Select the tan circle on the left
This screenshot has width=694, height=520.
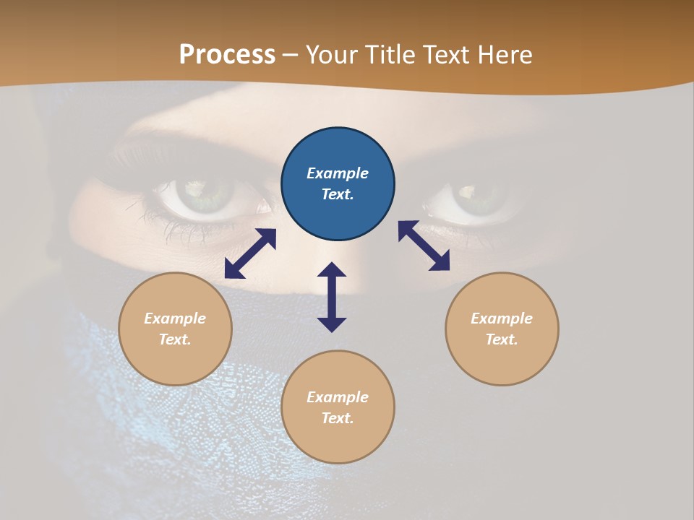point(175,329)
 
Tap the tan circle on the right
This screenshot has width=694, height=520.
point(502,329)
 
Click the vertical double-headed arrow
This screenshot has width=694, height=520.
point(332,297)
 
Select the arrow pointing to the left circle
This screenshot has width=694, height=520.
point(250,253)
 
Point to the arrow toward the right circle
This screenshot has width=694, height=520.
point(424,246)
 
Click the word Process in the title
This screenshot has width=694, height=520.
point(227,54)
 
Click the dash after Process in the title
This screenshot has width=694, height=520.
point(291,55)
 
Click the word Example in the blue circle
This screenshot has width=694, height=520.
point(338,173)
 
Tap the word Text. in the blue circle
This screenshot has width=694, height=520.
point(338,194)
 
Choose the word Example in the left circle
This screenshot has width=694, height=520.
point(175,318)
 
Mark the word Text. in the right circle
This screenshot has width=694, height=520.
point(502,339)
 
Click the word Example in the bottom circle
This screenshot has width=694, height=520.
point(338,397)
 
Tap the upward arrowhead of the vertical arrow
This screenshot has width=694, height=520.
point(332,269)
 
